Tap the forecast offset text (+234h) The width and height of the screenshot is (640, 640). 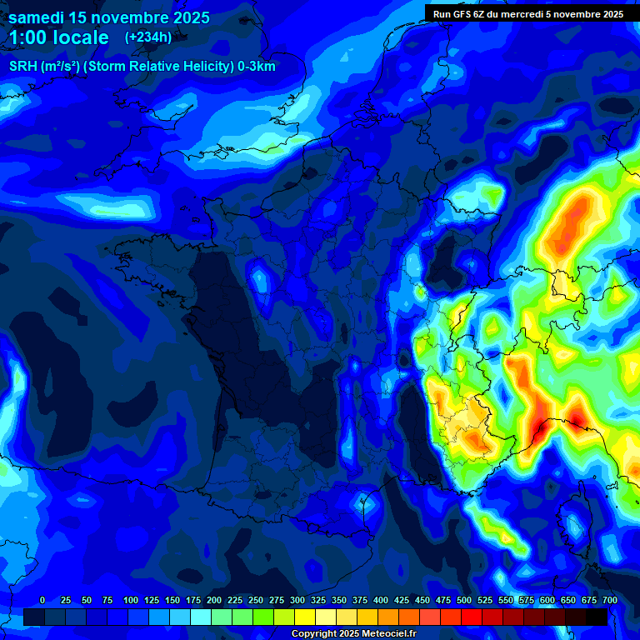(x=148, y=37)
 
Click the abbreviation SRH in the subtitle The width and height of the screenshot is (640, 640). (x=23, y=67)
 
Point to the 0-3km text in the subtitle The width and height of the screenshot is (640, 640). (x=257, y=67)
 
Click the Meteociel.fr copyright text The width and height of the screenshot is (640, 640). (x=353, y=634)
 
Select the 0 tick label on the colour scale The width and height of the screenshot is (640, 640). (x=42, y=600)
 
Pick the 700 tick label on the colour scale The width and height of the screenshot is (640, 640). (x=609, y=600)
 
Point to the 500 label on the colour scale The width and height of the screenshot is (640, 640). (x=464, y=600)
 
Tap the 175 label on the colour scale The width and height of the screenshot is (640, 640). (x=193, y=600)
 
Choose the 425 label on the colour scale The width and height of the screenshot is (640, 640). (x=402, y=600)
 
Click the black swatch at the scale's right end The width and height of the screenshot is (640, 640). (x=597, y=617)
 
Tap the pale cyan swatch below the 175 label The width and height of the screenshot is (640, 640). (x=201, y=617)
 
